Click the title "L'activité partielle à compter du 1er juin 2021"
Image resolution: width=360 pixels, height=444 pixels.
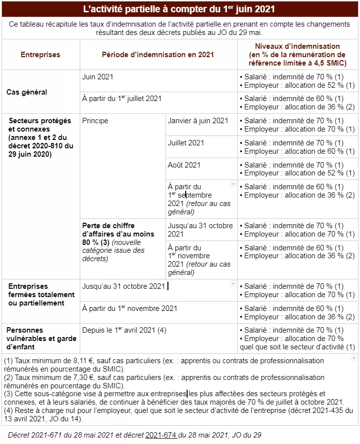179,9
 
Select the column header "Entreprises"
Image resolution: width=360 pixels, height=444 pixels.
40,55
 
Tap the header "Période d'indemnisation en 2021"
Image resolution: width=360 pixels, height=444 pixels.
158,55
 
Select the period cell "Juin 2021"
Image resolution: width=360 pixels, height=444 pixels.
98,77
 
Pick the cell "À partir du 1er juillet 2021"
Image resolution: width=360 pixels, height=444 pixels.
122,99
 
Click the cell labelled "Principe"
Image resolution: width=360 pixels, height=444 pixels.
95,121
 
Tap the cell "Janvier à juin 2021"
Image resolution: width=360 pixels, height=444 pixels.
198,121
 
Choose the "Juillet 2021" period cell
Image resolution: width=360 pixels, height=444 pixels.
186,143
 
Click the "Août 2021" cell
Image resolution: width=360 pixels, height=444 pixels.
184,165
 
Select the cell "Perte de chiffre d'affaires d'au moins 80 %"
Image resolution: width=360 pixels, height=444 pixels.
118,234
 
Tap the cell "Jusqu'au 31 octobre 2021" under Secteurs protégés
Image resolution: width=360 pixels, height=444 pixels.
200,230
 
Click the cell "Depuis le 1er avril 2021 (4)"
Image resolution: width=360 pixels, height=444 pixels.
125,330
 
